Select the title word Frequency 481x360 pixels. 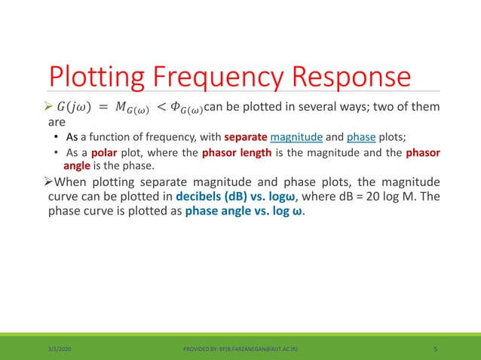[x=225, y=78]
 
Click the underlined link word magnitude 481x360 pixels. [x=296, y=136]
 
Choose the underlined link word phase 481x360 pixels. [x=362, y=136]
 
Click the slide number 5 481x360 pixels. [x=437, y=349]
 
